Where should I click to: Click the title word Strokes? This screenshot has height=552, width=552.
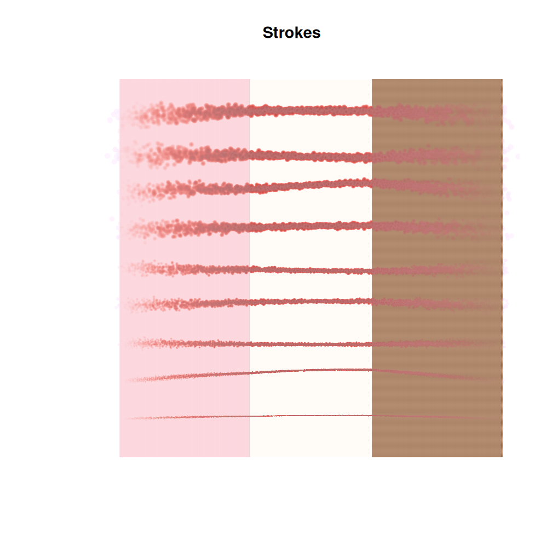pos(291,33)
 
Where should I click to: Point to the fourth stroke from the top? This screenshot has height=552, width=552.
pos(311,226)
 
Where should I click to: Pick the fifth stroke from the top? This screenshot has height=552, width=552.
pos(311,270)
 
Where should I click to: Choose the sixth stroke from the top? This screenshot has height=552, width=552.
pos(311,301)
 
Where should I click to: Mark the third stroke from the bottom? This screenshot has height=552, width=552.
pos(311,344)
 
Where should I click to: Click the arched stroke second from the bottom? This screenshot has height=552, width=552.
pos(311,371)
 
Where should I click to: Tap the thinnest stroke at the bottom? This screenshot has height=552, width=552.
pos(311,416)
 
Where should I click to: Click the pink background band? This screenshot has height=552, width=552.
pos(185,438)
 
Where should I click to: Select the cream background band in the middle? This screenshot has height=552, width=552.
pos(311,438)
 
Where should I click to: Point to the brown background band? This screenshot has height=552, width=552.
pos(437,438)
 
